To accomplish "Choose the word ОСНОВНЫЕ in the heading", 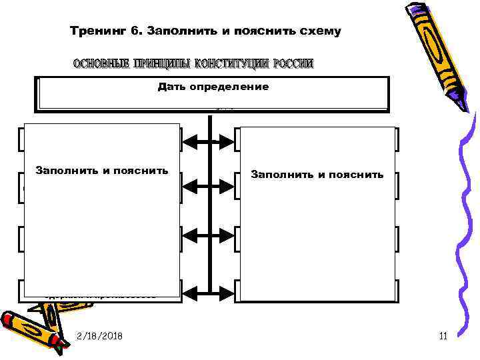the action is coord(101,64).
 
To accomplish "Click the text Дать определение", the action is coord(213,87).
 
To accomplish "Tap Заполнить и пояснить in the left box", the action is coord(102,171).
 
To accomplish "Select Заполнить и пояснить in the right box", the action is coord(317,175).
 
